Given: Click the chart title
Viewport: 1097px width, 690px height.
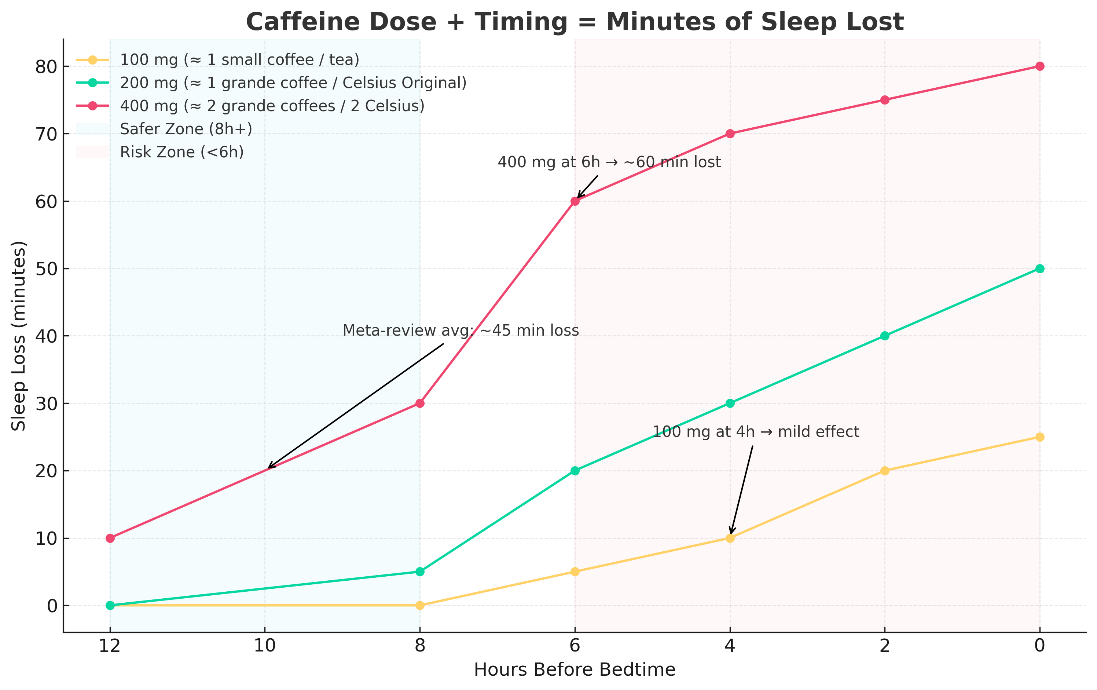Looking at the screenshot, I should tap(575, 22).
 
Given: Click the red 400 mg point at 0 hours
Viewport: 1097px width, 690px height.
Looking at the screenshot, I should tap(1039, 66).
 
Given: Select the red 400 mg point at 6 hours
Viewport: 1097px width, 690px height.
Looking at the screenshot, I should tap(575, 201).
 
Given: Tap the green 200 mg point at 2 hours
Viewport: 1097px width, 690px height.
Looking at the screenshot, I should tap(885, 336).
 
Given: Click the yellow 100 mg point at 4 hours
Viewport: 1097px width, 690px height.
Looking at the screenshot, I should tap(730, 538).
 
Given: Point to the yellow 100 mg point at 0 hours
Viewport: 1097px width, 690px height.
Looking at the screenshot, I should tap(1039, 437).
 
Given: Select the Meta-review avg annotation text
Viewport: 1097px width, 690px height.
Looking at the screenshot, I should tap(461, 331).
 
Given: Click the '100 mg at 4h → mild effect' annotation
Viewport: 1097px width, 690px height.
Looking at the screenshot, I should tap(756, 432).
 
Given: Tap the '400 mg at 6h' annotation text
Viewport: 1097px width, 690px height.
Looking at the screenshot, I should tap(609, 162).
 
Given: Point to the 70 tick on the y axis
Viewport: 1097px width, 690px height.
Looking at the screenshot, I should tap(45, 134).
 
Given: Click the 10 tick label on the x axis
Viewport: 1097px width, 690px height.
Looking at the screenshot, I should tap(265, 646).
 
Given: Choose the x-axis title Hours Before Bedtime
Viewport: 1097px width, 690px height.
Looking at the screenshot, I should tap(575, 670).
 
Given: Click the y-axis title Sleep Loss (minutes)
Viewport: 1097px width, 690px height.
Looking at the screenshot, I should tap(19, 336).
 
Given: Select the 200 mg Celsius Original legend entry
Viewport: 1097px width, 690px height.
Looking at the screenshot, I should tap(293, 83).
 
